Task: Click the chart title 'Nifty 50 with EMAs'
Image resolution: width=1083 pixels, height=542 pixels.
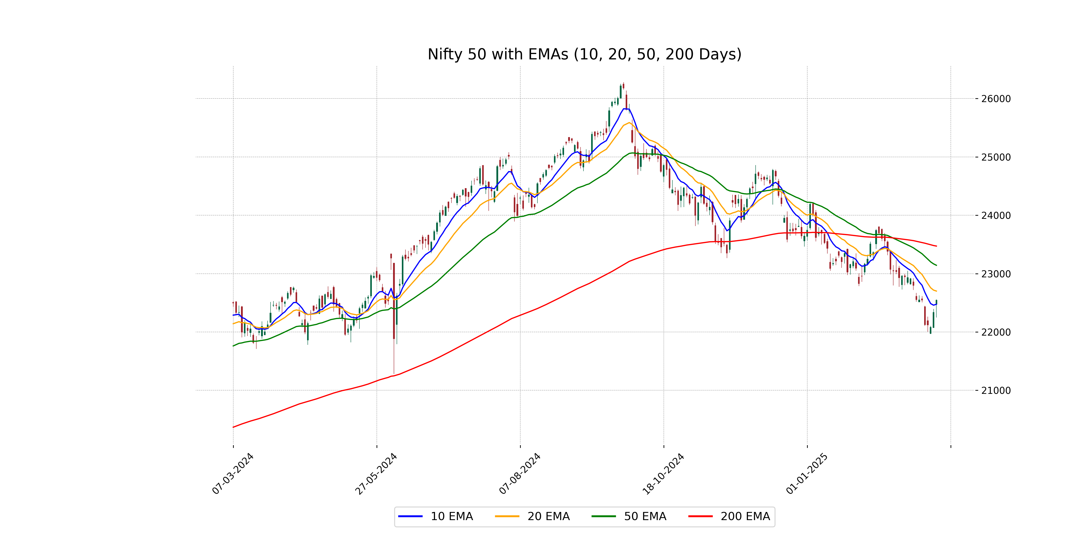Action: click(x=584, y=54)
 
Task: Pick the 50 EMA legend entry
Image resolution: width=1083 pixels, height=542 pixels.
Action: click(x=629, y=516)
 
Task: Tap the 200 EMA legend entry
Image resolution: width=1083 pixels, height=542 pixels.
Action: click(x=729, y=516)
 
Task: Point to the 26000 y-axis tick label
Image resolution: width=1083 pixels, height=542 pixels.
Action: click(x=995, y=99)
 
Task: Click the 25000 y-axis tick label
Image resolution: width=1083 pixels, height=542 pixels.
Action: click(x=995, y=157)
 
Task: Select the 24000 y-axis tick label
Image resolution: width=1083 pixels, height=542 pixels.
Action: click(x=995, y=215)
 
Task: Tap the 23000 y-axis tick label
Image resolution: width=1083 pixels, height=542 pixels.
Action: click(x=995, y=274)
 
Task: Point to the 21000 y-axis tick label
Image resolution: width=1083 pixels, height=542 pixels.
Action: click(x=995, y=390)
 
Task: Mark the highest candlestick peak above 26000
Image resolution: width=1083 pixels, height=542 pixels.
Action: click(x=623, y=83)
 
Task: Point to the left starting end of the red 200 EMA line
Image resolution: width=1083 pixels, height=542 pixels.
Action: click(x=233, y=427)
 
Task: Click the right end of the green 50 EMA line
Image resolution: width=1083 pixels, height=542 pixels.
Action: click(x=936, y=265)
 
